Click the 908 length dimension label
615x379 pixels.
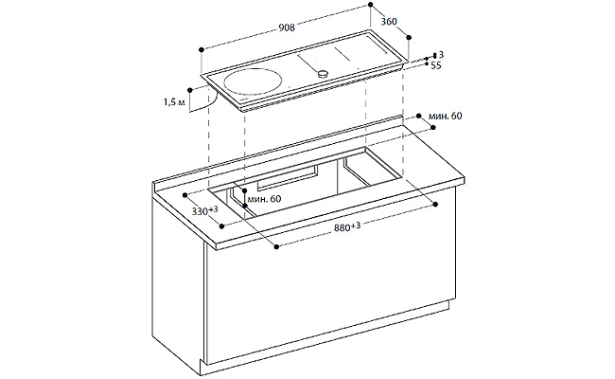287,27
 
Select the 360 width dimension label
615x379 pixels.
389,22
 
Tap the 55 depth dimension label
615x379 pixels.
436,65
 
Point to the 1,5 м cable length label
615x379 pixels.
174,102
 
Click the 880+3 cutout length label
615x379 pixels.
347,226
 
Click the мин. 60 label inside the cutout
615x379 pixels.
264,199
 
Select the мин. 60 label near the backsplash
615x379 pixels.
446,116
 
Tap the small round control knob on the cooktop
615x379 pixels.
323,73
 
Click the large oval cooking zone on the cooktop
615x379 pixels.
253,81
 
